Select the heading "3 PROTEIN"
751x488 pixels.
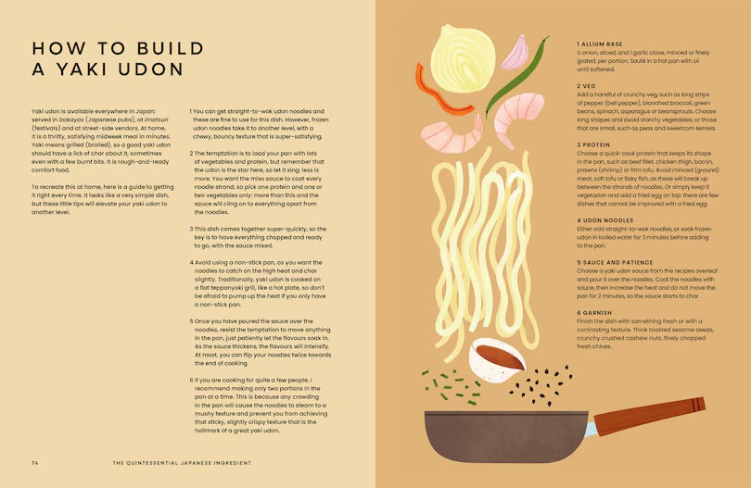pos(595,144)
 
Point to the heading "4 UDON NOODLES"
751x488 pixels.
pos(604,219)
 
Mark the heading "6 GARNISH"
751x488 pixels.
pos(595,313)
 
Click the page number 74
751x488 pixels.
pos(34,460)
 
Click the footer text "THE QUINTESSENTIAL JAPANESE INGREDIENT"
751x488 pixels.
pos(182,460)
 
